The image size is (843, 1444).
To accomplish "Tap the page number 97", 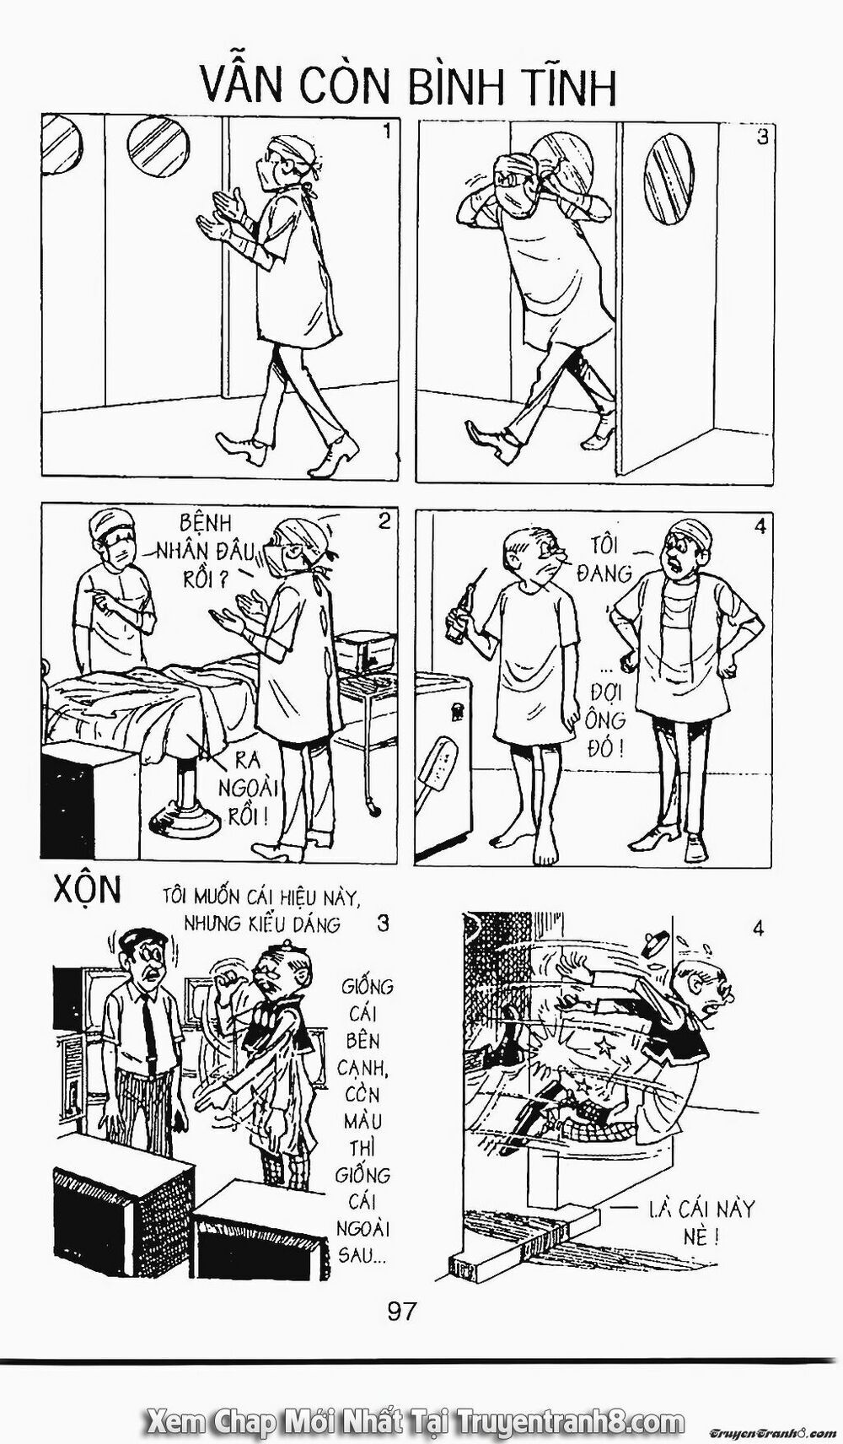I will (403, 1312).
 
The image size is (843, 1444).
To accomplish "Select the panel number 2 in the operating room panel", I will (384, 521).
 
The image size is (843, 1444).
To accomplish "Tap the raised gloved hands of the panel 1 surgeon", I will (223, 211).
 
